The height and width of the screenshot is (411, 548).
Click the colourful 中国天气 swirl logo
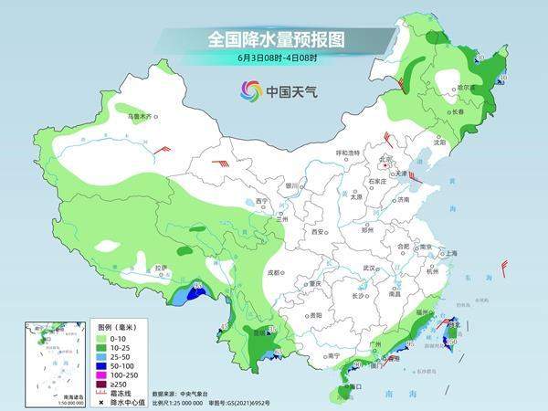click(250, 90)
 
